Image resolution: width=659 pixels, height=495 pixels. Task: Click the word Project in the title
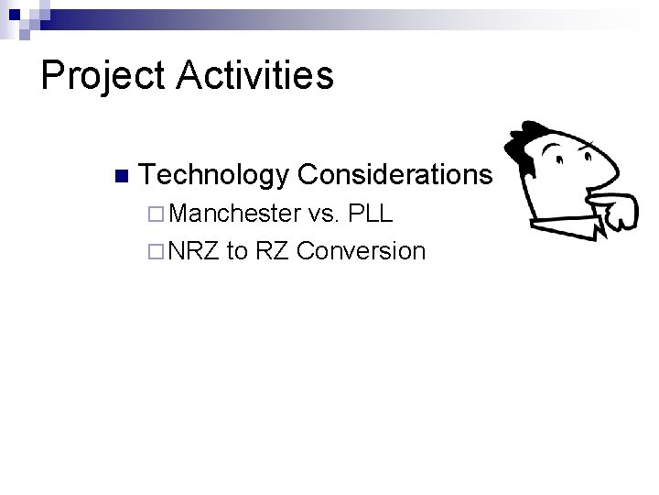pos(102,76)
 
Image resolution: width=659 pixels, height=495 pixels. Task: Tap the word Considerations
pos(395,173)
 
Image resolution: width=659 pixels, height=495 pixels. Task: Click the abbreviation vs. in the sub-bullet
pos(325,214)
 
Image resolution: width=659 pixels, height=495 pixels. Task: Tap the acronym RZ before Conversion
pos(272,250)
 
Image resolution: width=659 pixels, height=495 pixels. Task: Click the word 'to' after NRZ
pos(237,250)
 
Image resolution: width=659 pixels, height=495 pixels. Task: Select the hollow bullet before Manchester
pos(153,215)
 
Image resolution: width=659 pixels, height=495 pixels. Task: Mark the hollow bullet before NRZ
pos(153,251)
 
